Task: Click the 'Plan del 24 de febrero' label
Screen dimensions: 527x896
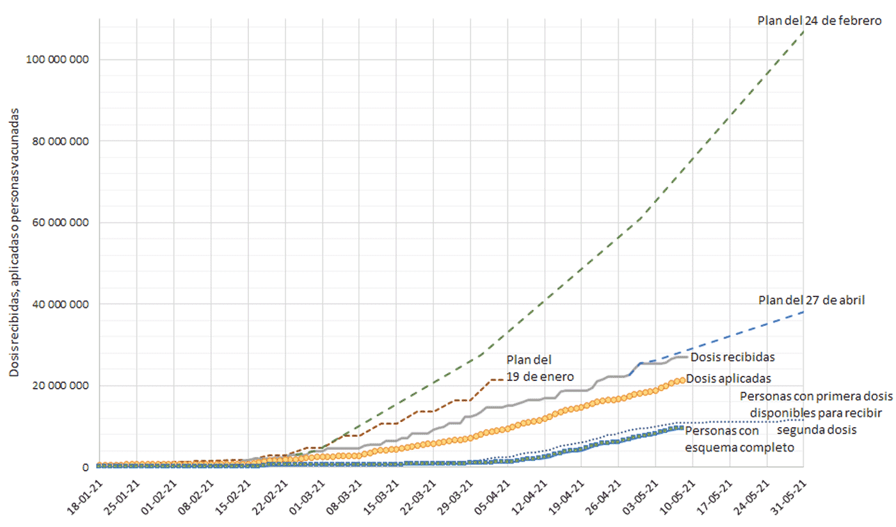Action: pos(820,20)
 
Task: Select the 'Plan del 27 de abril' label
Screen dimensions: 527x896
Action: pos(812,300)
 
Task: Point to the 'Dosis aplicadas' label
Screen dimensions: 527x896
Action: pos(728,378)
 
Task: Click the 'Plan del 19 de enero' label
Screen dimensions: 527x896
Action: pos(539,368)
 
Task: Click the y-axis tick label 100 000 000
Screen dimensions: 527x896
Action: pos(56,60)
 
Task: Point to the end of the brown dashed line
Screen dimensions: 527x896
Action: pos(502,380)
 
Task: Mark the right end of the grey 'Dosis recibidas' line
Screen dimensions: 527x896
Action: pos(687,357)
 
